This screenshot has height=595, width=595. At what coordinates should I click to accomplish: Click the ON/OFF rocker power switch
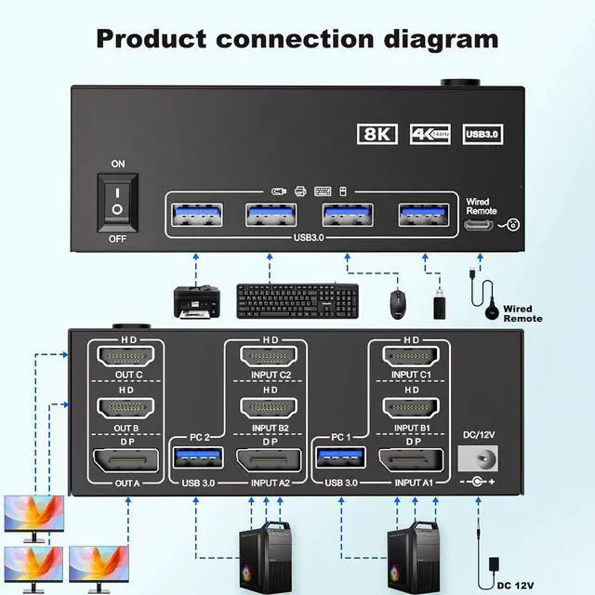click(117, 200)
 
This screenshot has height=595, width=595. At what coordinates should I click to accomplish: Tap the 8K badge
click(377, 134)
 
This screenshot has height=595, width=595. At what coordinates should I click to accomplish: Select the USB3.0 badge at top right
click(482, 134)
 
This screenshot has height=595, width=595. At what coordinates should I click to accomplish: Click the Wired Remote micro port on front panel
click(479, 224)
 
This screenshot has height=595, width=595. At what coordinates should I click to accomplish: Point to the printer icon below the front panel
click(197, 299)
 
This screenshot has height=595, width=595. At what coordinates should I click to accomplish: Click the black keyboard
click(297, 299)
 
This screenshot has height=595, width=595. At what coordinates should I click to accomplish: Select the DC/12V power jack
click(479, 459)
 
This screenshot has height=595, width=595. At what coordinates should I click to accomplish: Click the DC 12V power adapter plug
click(493, 563)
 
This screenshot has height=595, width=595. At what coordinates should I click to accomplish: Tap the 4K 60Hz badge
click(429, 134)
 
